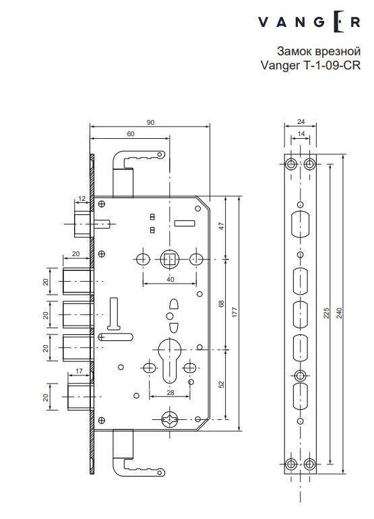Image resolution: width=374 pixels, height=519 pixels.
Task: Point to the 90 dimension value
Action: click(x=150, y=122)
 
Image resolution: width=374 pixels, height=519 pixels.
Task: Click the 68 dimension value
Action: click(x=222, y=305)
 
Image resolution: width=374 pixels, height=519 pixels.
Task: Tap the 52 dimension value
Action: click(x=222, y=385)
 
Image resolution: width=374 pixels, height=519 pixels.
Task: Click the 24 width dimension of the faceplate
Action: click(x=300, y=123)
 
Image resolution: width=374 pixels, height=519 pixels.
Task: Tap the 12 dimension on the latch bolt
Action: click(x=82, y=197)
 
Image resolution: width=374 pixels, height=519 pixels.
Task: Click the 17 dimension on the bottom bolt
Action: click(x=80, y=371)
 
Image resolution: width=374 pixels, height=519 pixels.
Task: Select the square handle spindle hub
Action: click(x=169, y=258)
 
